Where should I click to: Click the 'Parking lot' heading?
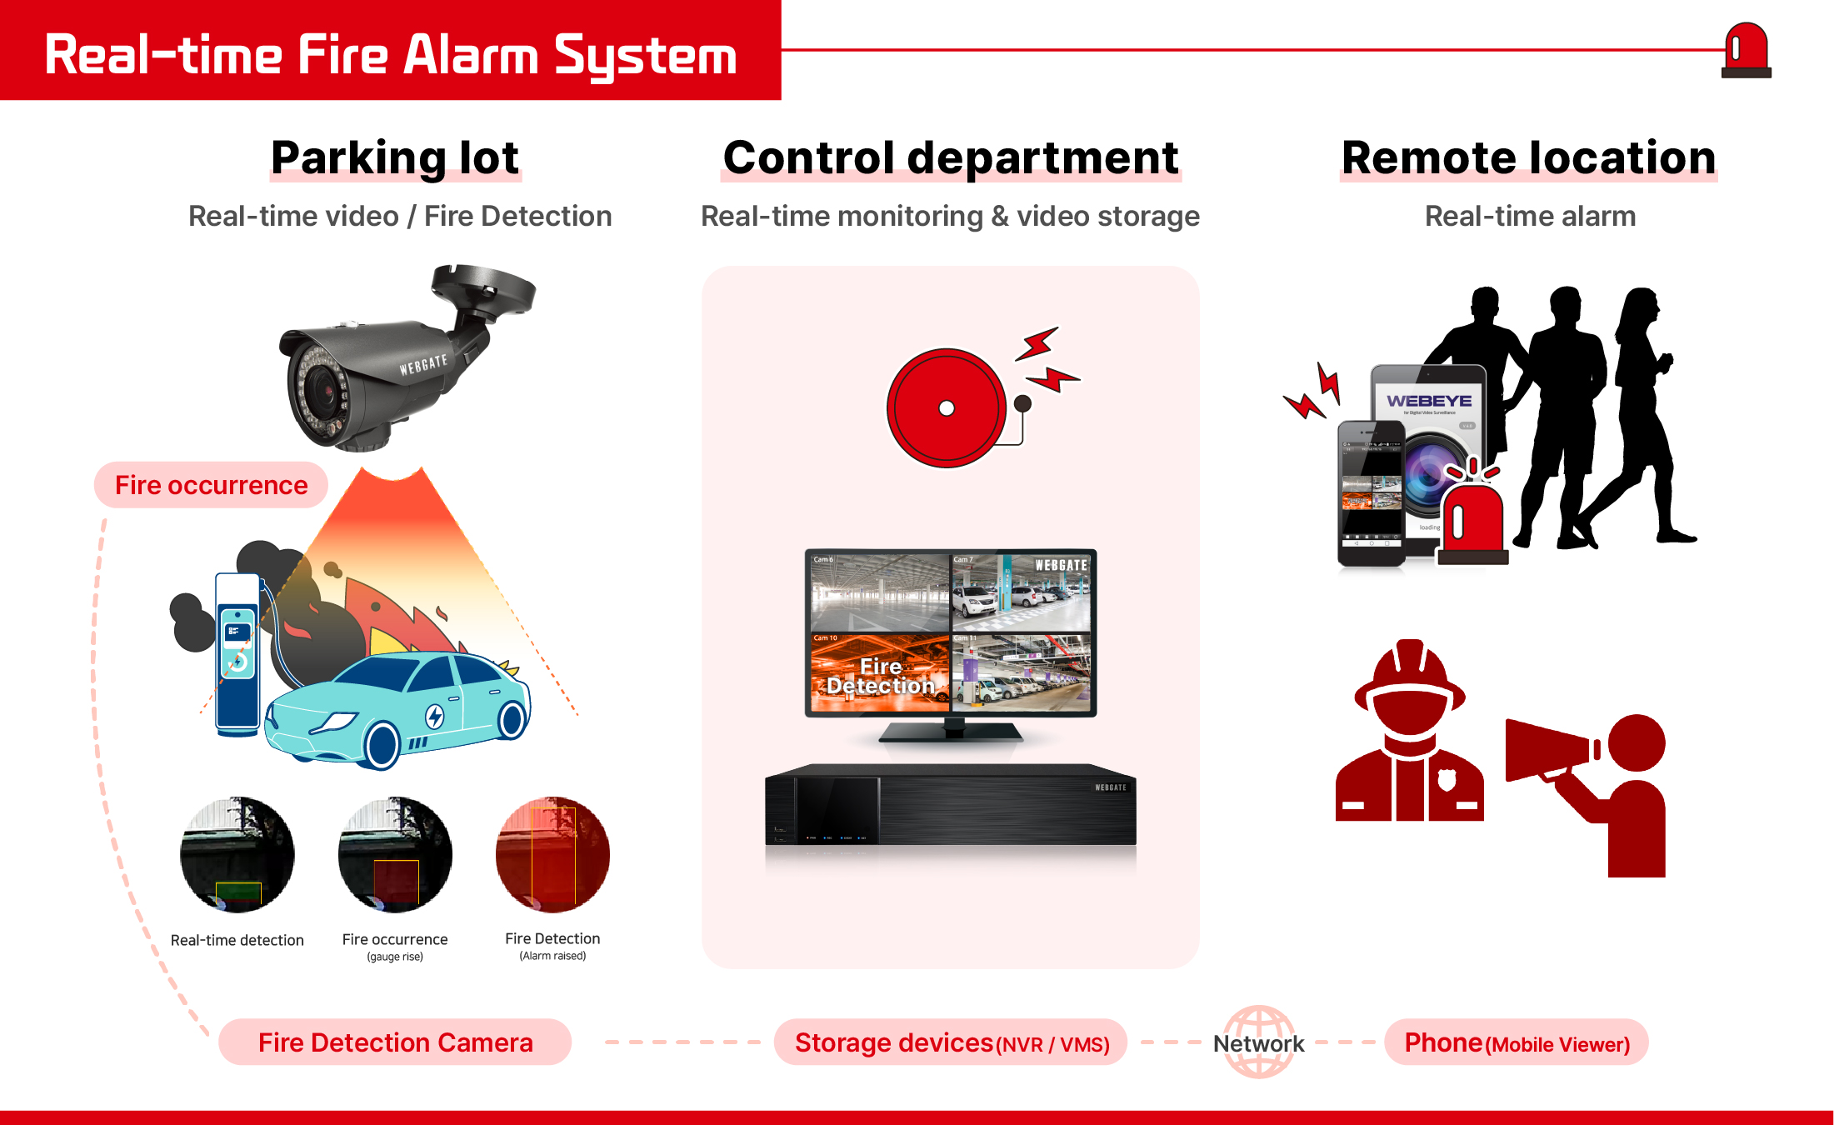coord(395,158)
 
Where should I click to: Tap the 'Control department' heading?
coord(951,158)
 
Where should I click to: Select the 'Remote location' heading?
coord(1529,158)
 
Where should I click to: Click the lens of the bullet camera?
coord(319,387)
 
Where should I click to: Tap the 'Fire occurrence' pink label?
coord(211,485)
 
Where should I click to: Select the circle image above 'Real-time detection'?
coord(237,855)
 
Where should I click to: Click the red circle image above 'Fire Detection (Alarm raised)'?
coord(552,855)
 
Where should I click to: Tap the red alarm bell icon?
coord(947,408)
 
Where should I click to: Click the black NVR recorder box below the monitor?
coord(951,807)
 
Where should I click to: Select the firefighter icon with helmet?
coord(1410,733)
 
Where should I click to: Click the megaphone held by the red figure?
coord(1550,750)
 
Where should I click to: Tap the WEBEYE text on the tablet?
coord(1429,401)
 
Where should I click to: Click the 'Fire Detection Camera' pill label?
coord(395,1042)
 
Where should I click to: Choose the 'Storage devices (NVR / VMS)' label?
coord(951,1042)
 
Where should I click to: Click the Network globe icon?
coord(1259,1042)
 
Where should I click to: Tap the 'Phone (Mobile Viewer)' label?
coord(1517,1042)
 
